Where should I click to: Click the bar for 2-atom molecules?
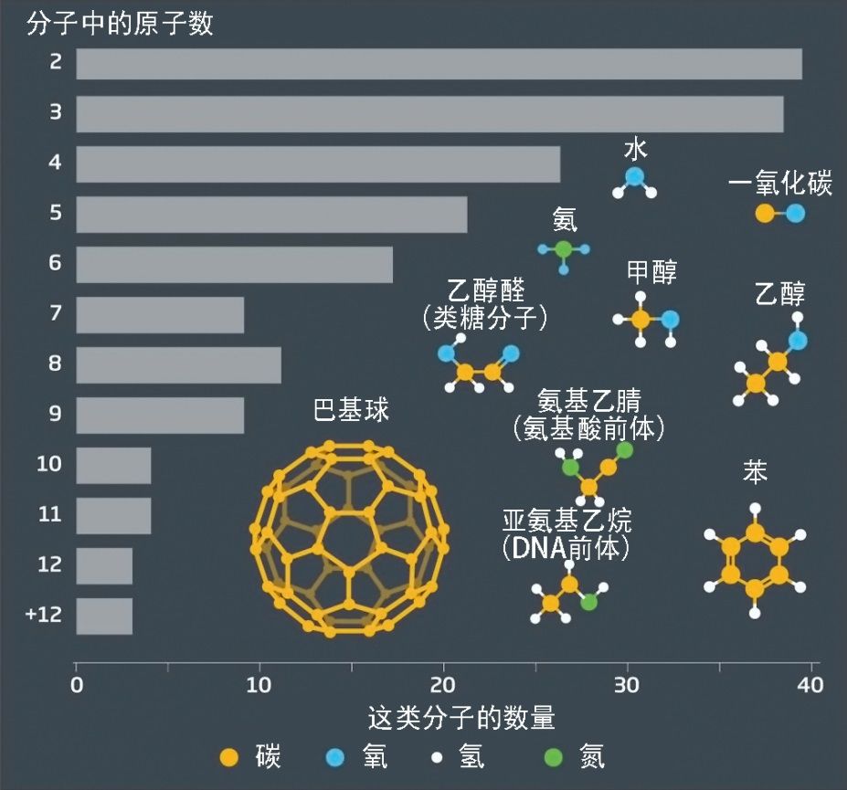point(439,64)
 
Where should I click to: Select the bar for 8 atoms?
point(178,364)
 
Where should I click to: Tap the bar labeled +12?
point(104,616)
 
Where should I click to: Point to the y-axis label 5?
point(56,214)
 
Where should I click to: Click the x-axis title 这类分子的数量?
point(461,718)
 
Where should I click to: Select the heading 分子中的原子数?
point(120,23)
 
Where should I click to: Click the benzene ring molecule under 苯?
point(755,562)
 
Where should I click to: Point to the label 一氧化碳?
point(780,184)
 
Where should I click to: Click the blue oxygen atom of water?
point(634,176)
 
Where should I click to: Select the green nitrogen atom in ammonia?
point(564,249)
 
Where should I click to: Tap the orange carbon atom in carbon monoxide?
point(764,214)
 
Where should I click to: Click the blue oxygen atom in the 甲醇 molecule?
point(670,320)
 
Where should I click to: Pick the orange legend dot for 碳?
point(230,757)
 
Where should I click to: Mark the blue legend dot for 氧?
point(335,757)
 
